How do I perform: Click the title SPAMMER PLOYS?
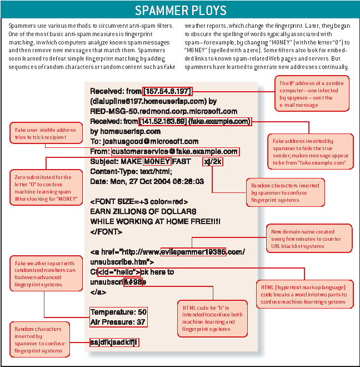tap(180, 11)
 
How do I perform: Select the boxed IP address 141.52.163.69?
tap(163, 121)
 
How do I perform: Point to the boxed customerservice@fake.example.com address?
tap(174, 151)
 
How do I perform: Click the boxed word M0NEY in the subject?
tap(156, 161)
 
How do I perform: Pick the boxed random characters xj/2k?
tap(213, 161)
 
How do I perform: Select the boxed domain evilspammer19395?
tap(201, 252)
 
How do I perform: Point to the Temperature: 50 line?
tap(118, 312)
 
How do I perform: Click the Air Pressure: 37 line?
tap(118, 322)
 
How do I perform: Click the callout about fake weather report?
tap(46, 275)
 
